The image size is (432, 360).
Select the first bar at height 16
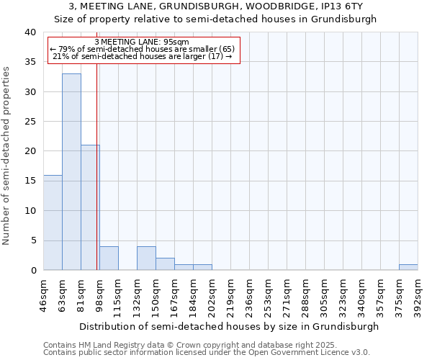click(53, 222)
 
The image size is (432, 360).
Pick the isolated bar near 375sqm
click(408, 267)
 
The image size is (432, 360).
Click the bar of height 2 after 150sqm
click(165, 264)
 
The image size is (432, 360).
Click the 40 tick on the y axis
click(30, 32)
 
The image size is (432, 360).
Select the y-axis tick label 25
click(30, 122)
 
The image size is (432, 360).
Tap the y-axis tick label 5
click(32, 240)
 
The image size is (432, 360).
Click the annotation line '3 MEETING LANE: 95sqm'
click(142, 42)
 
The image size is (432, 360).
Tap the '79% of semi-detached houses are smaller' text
click(144, 49)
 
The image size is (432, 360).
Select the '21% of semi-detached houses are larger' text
click(142, 56)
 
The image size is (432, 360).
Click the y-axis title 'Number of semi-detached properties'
click(7, 156)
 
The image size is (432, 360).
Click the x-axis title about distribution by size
click(229, 326)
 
